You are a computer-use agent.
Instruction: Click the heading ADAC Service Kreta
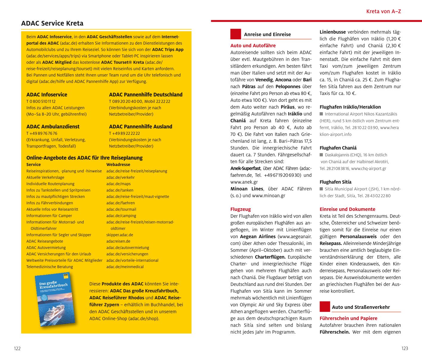click(52, 23)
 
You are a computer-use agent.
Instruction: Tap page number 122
click(17, 348)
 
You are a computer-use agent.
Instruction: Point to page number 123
click(404, 348)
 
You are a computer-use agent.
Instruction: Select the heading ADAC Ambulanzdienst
click(53, 126)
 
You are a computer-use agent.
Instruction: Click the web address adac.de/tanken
click(120, 190)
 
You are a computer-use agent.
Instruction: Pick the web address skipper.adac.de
click(119, 235)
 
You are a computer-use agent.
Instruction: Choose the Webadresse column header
click(118, 165)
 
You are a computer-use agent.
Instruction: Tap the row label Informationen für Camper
click(49, 216)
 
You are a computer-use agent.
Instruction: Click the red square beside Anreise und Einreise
click(236, 34)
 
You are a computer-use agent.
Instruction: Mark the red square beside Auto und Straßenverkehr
click(325, 307)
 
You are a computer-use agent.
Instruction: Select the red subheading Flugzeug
click(240, 209)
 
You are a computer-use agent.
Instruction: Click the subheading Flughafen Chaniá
click(338, 148)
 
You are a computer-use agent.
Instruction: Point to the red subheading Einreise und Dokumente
click(347, 209)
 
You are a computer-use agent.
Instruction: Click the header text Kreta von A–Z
click(383, 12)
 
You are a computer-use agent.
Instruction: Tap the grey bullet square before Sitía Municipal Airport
click(321, 189)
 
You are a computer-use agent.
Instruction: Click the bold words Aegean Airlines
click(258, 237)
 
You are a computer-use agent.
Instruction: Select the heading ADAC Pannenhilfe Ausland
click(141, 126)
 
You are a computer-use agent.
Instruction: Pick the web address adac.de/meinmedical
click(125, 267)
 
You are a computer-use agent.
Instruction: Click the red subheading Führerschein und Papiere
click(348, 318)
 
